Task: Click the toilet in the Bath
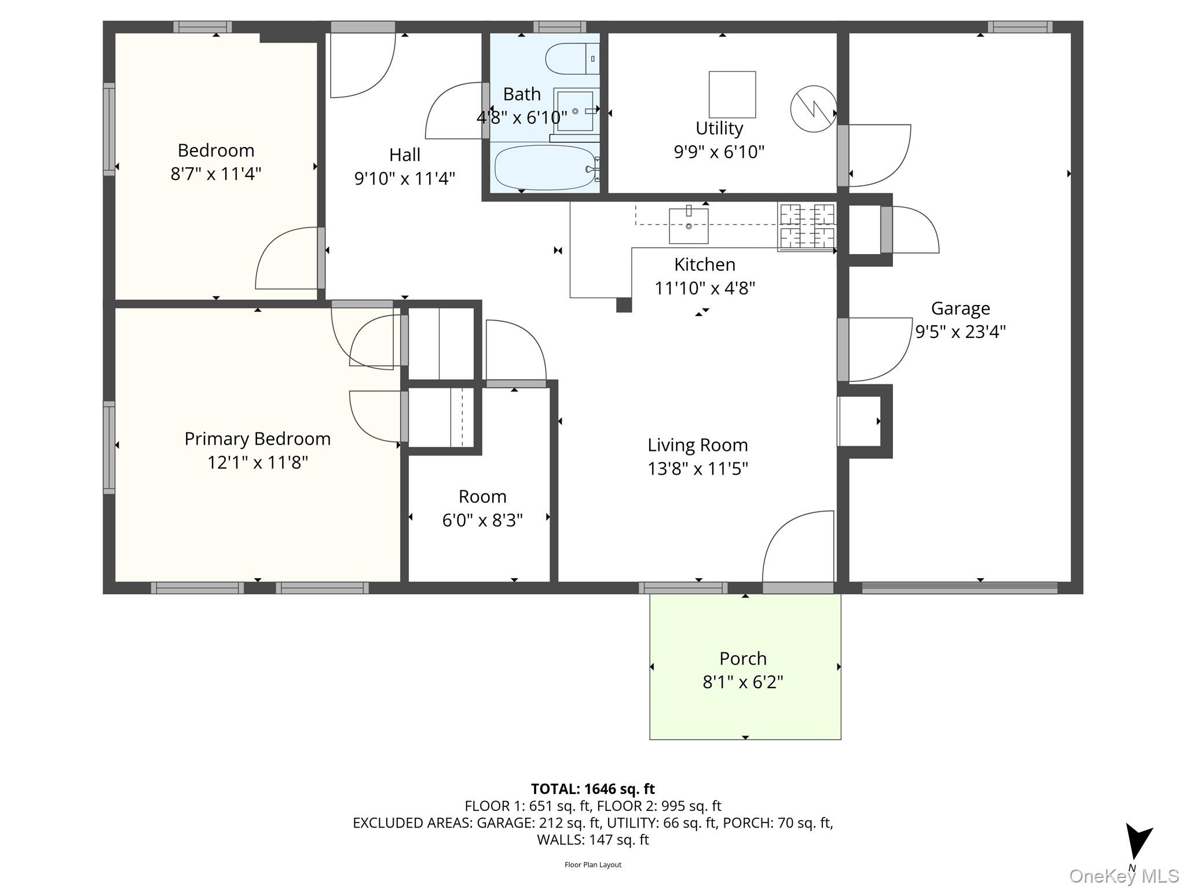pyautogui.click(x=572, y=58)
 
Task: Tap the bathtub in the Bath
pyautogui.click(x=545, y=167)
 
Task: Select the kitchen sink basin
pyautogui.click(x=689, y=226)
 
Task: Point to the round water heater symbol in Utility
pyautogui.click(x=814, y=109)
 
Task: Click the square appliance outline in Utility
pyautogui.click(x=732, y=94)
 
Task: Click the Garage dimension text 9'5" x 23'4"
pyautogui.click(x=960, y=332)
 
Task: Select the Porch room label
pyautogui.click(x=743, y=658)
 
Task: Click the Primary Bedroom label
pyautogui.click(x=258, y=439)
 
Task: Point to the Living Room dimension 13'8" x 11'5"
pyautogui.click(x=698, y=468)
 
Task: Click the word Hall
pyautogui.click(x=405, y=155)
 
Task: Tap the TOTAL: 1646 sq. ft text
pyautogui.click(x=593, y=789)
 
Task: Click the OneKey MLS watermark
pyautogui.click(x=1124, y=876)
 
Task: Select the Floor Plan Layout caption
pyautogui.click(x=593, y=865)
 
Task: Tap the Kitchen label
pyautogui.click(x=705, y=265)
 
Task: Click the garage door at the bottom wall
pyautogui.click(x=960, y=588)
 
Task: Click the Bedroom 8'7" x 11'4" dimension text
pyautogui.click(x=216, y=174)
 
